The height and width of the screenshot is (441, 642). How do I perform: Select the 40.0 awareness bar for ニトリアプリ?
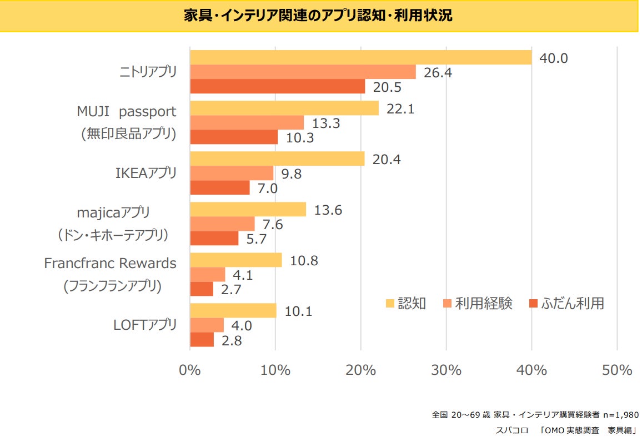tap(360, 57)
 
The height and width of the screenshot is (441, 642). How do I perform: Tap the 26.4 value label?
tap(439, 73)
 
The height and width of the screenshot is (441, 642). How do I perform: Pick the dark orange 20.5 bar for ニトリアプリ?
tap(277, 87)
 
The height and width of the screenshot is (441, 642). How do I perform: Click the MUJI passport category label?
tap(127, 111)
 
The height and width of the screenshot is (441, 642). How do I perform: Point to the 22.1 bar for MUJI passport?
tap(284, 108)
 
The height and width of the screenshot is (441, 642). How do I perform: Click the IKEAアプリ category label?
tap(146, 173)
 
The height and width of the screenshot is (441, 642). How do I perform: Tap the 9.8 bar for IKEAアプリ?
tap(232, 173)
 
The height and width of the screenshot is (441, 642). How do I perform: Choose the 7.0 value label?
tap(267, 189)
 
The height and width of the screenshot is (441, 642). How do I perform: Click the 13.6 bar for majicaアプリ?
tap(248, 209)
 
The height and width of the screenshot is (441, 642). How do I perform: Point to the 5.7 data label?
tap(257, 239)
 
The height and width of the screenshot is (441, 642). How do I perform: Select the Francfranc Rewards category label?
tap(110, 263)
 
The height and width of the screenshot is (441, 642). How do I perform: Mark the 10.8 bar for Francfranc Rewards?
tap(235, 260)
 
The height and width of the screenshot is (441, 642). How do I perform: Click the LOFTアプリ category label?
tap(145, 325)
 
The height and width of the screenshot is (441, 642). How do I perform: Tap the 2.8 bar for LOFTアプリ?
tap(202, 340)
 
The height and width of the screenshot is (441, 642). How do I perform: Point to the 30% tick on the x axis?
tap(447, 370)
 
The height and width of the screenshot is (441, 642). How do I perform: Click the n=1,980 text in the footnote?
tap(620, 415)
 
